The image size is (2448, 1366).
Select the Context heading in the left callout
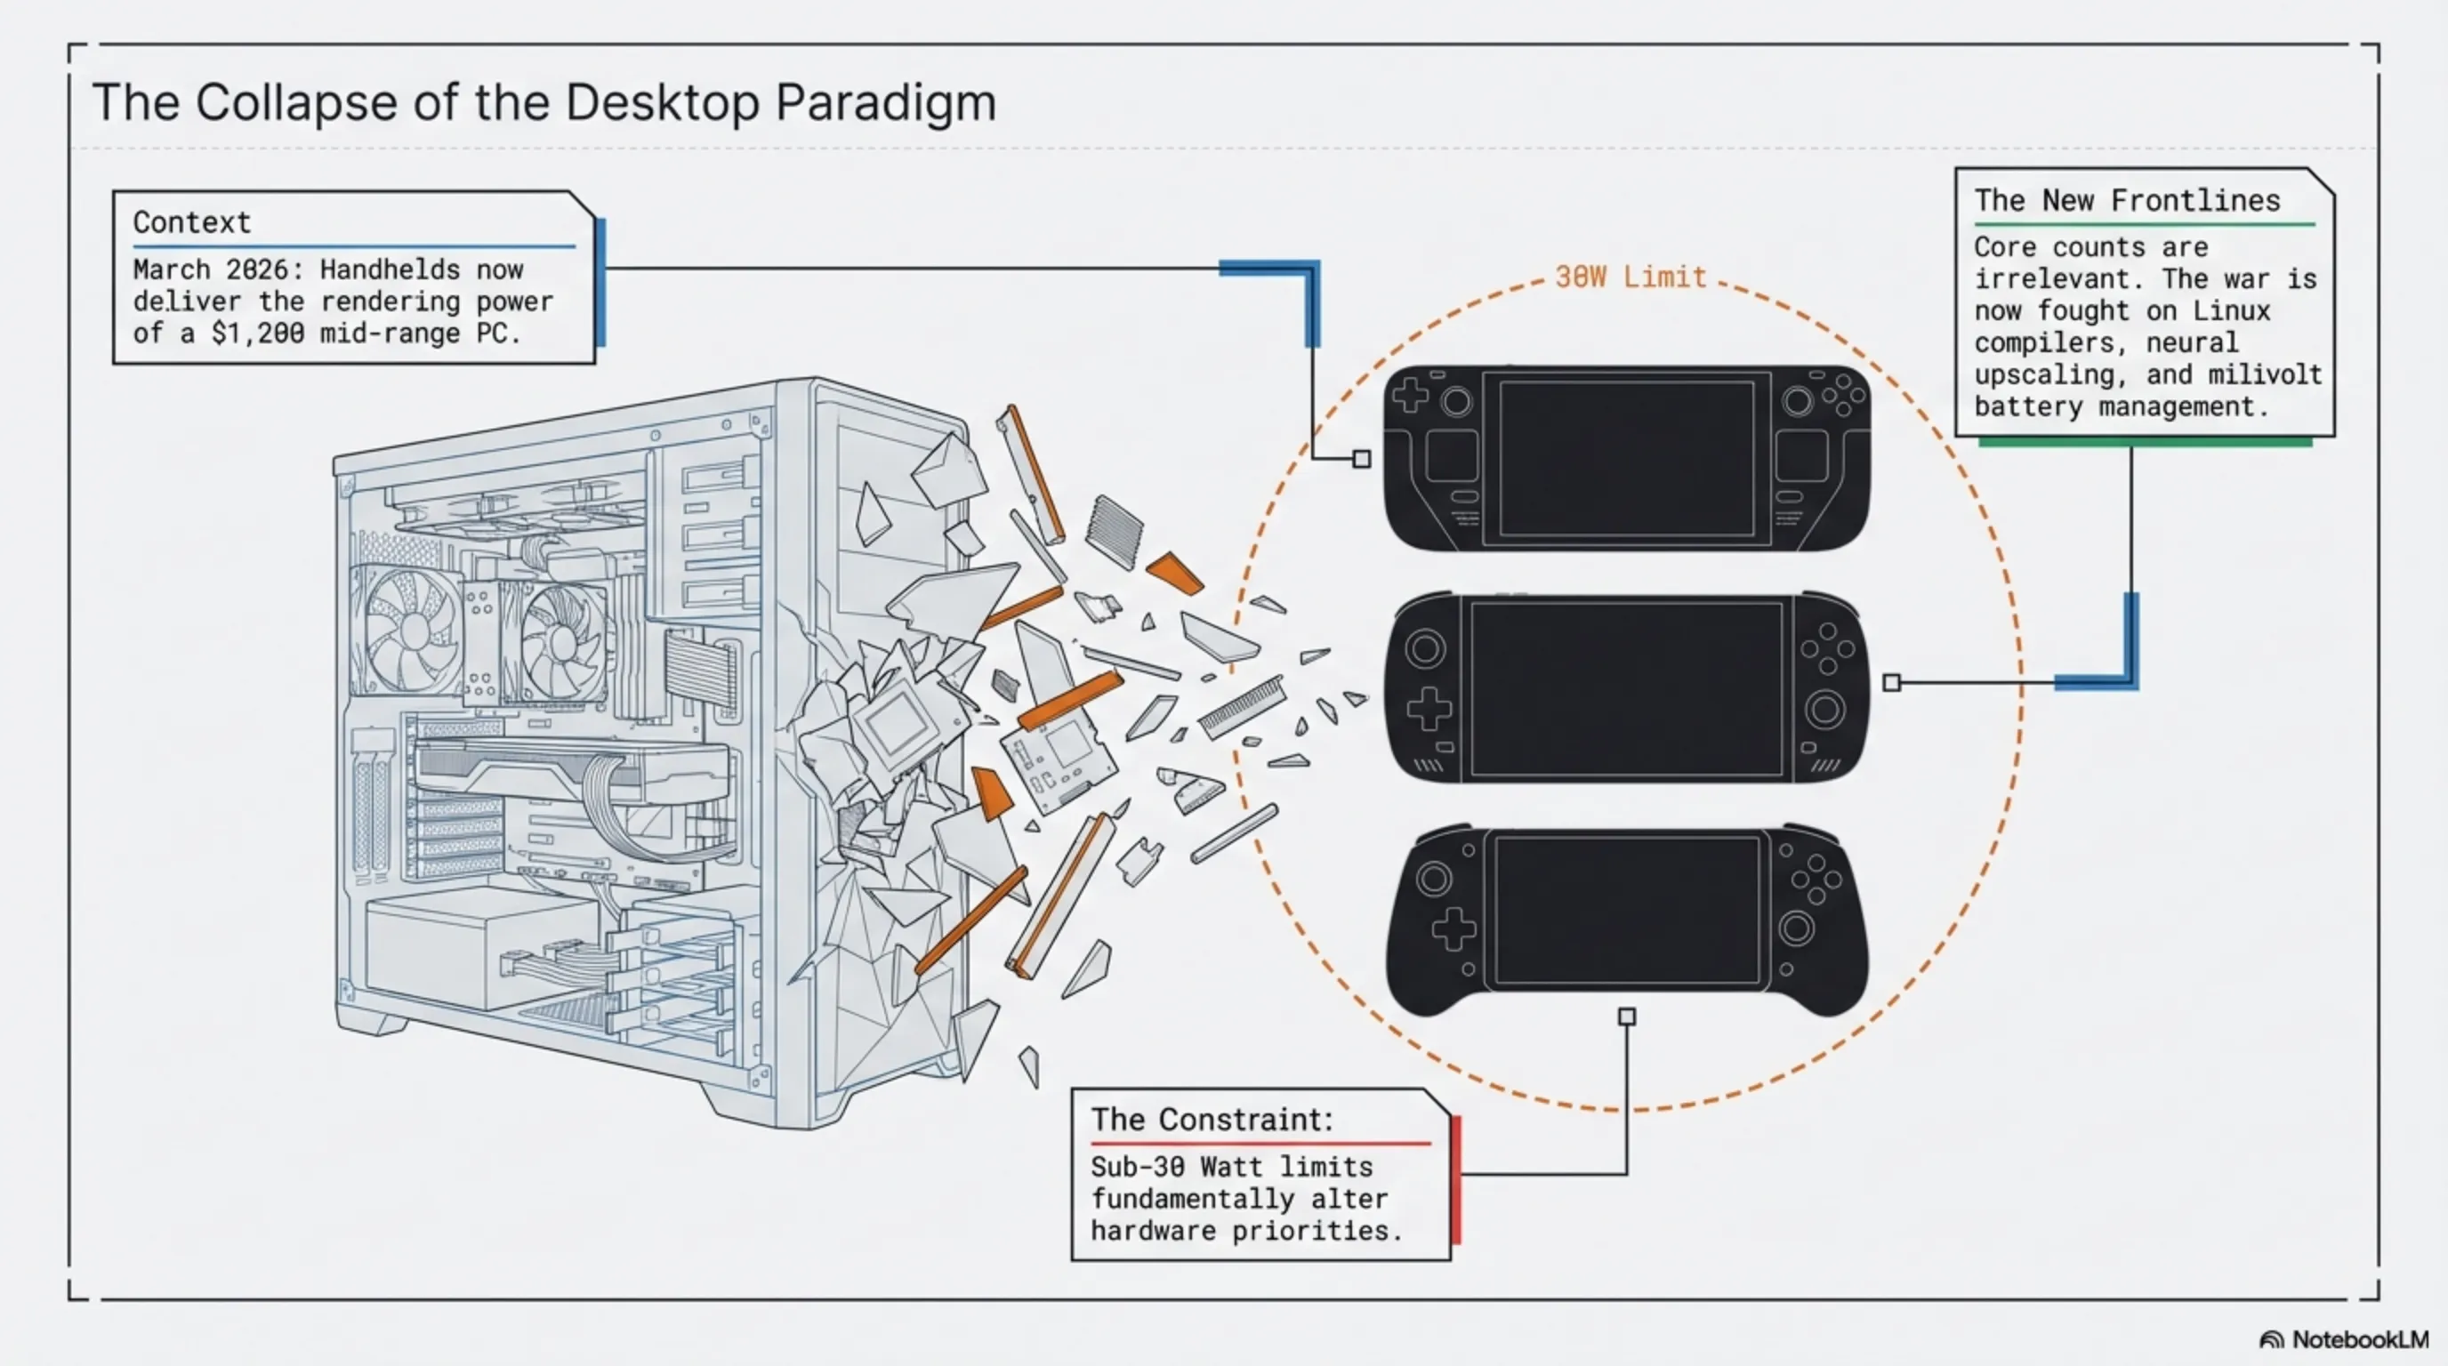click(192, 222)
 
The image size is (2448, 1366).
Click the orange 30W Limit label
click(1631, 277)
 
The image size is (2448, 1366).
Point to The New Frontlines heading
click(2127, 200)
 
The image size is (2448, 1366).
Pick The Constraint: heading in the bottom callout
click(1212, 1119)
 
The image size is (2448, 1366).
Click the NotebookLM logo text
click(2360, 1339)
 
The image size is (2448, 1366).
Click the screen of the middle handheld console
click(1626, 688)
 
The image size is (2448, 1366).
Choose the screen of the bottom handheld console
click(1626, 910)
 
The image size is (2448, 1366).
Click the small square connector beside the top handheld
click(1362, 460)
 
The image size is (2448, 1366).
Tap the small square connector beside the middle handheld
click(1892, 682)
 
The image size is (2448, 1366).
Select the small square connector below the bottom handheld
click(1627, 1016)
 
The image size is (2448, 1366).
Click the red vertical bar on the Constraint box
click(1456, 1180)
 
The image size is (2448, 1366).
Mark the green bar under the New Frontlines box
click(2145, 442)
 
